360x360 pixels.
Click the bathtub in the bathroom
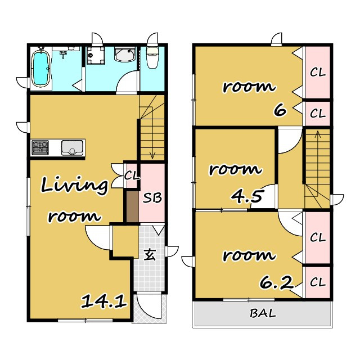pyautogui.click(x=41, y=68)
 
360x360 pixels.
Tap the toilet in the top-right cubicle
pyautogui.click(x=152, y=57)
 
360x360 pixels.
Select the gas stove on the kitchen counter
pyautogui.click(x=40, y=147)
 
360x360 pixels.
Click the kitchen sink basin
pyautogui.click(x=72, y=147)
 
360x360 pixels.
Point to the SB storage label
pyautogui.click(x=152, y=197)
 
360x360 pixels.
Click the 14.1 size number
pyautogui.click(x=103, y=301)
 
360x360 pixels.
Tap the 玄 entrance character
pyautogui.click(x=150, y=255)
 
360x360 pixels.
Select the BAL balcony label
pyautogui.click(x=263, y=313)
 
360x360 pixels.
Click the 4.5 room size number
pyautogui.click(x=246, y=196)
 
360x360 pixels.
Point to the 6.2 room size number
pyautogui.click(x=277, y=282)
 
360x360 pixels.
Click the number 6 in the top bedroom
pyautogui.click(x=280, y=111)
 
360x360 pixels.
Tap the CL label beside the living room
pyautogui.click(x=132, y=176)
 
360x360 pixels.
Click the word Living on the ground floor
pyautogui.click(x=74, y=186)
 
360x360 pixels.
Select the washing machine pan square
pyautogui.click(x=96, y=56)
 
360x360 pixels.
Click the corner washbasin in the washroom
pyautogui.click(x=125, y=55)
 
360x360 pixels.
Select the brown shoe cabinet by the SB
pyautogui.click(x=133, y=206)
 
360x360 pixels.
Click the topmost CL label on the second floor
pyautogui.click(x=318, y=73)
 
